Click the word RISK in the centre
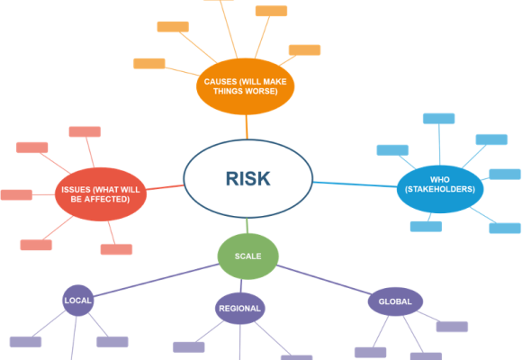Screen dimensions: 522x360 click(248, 178)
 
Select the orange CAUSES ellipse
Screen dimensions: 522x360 click(246, 86)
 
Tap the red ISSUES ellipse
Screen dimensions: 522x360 click(101, 194)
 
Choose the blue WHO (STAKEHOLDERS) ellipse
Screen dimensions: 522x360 click(440, 189)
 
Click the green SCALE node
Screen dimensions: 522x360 click(247, 256)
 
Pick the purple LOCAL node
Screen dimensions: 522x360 click(78, 301)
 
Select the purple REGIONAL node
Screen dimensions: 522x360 click(239, 309)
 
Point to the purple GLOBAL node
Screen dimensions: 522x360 click(395, 301)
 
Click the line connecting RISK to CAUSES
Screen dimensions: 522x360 click(247, 127)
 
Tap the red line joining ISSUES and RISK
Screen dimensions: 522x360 click(165, 187)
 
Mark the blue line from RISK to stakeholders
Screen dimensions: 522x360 click(355, 184)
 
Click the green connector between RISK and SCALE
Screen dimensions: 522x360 click(247, 226)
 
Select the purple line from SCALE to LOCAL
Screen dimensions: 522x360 click(156, 280)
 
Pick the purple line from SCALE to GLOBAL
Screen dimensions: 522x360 click(324, 280)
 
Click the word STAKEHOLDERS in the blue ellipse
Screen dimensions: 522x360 click(440, 189)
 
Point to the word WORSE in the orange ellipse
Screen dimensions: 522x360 click(264, 91)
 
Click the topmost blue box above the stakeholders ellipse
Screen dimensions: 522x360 click(439, 119)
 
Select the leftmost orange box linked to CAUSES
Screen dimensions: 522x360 click(149, 64)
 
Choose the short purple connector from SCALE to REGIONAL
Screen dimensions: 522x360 click(241, 286)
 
